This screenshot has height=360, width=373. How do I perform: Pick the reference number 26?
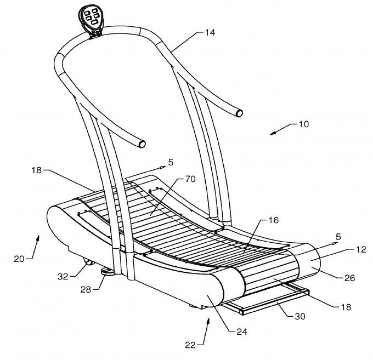pyautogui.click(x=349, y=278)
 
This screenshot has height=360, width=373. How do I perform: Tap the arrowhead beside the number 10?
pyautogui.click(x=274, y=132)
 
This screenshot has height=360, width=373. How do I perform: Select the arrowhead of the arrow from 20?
pyautogui.click(x=38, y=237)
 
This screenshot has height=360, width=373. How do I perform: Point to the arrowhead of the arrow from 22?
pyautogui.click(x=208, y=318)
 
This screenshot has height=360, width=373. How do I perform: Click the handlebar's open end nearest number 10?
pyautogui.click(x=239, y=113)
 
